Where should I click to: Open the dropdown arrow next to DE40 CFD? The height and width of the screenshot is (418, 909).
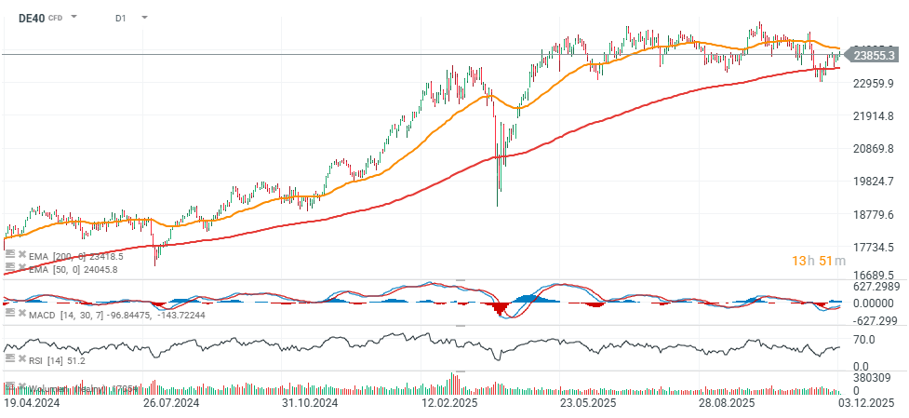74,18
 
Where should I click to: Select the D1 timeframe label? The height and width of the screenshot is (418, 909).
121,18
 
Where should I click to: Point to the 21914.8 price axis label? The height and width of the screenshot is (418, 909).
874,116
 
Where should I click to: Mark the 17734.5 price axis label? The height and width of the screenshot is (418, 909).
874,247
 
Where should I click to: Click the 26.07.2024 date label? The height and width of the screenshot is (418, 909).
171,404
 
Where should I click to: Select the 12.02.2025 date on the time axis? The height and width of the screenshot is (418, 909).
448,404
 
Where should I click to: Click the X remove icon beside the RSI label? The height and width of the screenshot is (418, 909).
21,360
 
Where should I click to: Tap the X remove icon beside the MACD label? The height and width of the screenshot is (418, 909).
21,314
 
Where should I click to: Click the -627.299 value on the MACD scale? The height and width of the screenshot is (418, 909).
874,320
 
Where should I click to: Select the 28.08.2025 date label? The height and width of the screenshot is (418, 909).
728,404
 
